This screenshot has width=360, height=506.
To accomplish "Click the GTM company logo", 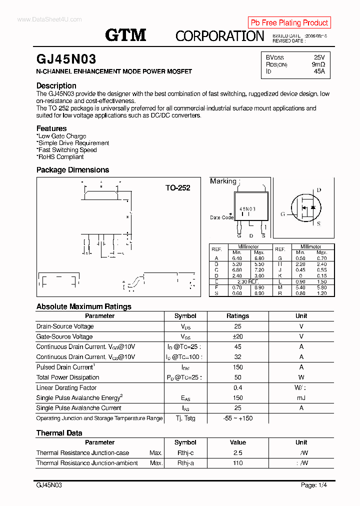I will [125, 35].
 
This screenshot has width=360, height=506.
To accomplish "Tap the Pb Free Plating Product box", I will [289, 22].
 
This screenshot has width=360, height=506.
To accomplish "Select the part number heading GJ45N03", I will [66, 59].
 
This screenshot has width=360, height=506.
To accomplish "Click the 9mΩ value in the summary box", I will [318, 64].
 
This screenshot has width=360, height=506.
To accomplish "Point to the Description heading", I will [56, 85].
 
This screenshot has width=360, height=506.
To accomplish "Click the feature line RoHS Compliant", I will [60, 156].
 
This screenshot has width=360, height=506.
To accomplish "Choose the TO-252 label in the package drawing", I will [177, 188].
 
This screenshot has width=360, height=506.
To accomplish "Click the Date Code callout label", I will [221, 217].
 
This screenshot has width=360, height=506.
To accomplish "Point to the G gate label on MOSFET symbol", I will [282, 214].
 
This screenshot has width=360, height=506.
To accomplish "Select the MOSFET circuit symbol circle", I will [306, 207].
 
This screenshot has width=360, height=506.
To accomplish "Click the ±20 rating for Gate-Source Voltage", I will [237, 336].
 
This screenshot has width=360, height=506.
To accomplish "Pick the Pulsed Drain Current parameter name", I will [64, 367].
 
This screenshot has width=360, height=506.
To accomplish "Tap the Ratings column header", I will [237, 316].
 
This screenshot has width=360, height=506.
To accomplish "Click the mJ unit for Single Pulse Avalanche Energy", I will [301, 398].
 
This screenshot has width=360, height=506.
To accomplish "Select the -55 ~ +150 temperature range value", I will [237, 418].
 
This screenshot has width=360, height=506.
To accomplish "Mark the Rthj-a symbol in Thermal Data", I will [185, 463].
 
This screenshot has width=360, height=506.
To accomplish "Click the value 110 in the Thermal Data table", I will [237, 463].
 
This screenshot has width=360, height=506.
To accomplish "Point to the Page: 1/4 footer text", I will [314, 485].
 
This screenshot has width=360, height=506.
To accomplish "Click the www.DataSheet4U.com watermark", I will [49, 19].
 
